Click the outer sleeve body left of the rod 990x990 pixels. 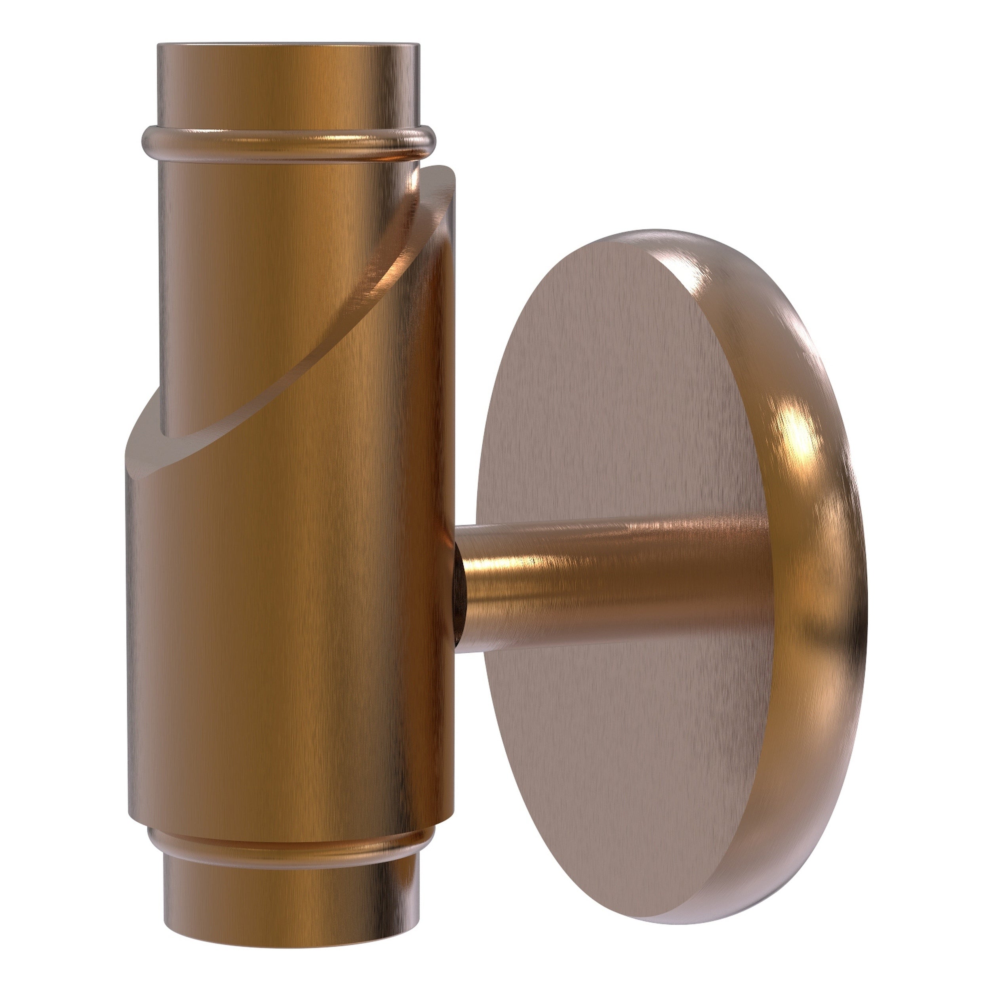point(307,589)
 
